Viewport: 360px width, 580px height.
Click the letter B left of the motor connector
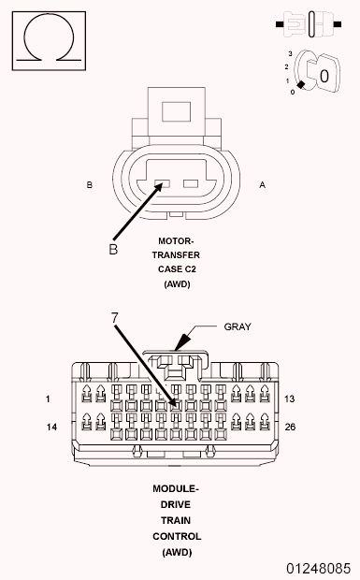[x=89, y=185]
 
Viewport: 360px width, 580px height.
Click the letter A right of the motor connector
[x=262, y=185]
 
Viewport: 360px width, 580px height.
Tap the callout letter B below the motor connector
[x=113, y=250]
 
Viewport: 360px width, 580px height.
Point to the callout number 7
[x=115, y=317]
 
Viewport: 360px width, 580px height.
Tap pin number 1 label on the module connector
[x=47, y=399]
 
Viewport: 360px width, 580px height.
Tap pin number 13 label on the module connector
[x=289, y=399]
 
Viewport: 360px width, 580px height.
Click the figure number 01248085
[x=319, y=568]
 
